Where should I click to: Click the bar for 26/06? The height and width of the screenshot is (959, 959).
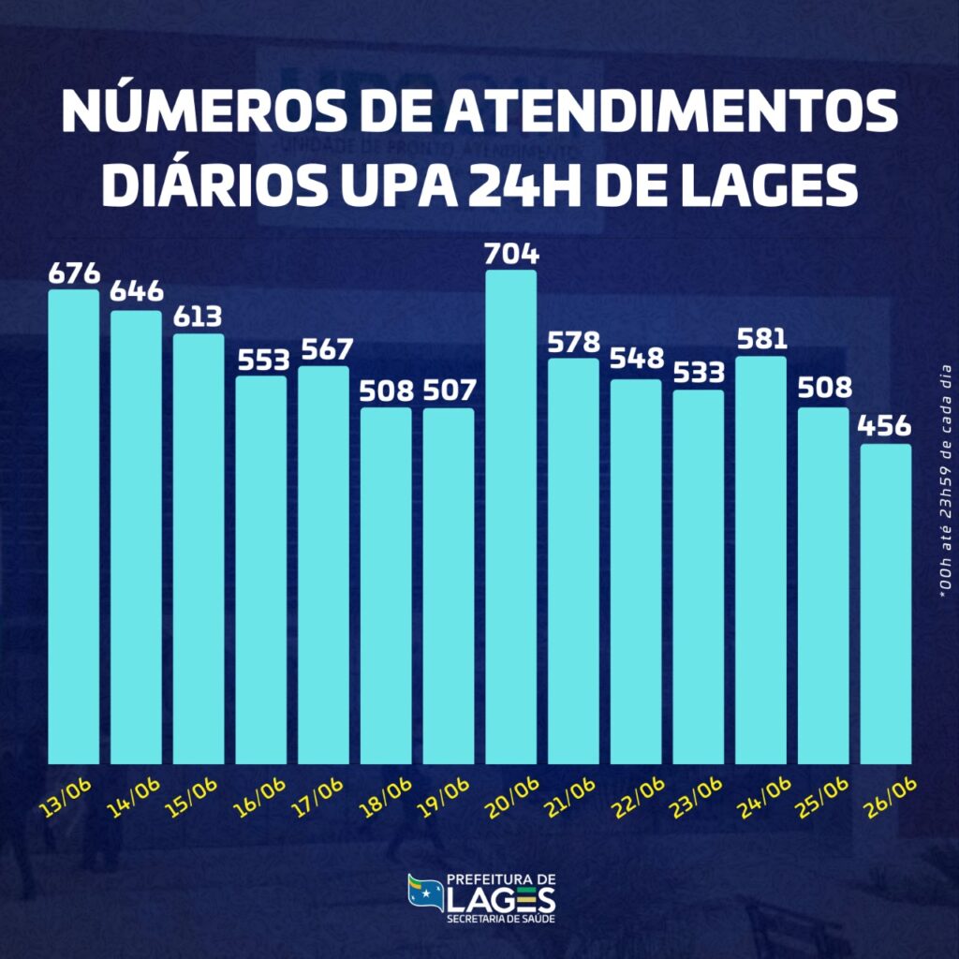click(x=886, y=604)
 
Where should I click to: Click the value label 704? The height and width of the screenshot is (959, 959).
click(x=511, y=254)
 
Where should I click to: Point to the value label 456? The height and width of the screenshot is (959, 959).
click(x=885, y=426)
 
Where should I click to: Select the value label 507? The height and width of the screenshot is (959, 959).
click(x=449, y=391)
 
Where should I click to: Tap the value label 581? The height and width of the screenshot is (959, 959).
click(x=760, y=339)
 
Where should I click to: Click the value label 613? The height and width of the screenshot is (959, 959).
click(x=199, y=317)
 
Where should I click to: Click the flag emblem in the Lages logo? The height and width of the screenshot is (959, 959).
click(x=424, y=892)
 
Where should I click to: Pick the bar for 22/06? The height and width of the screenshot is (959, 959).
click(x=636, y=571)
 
